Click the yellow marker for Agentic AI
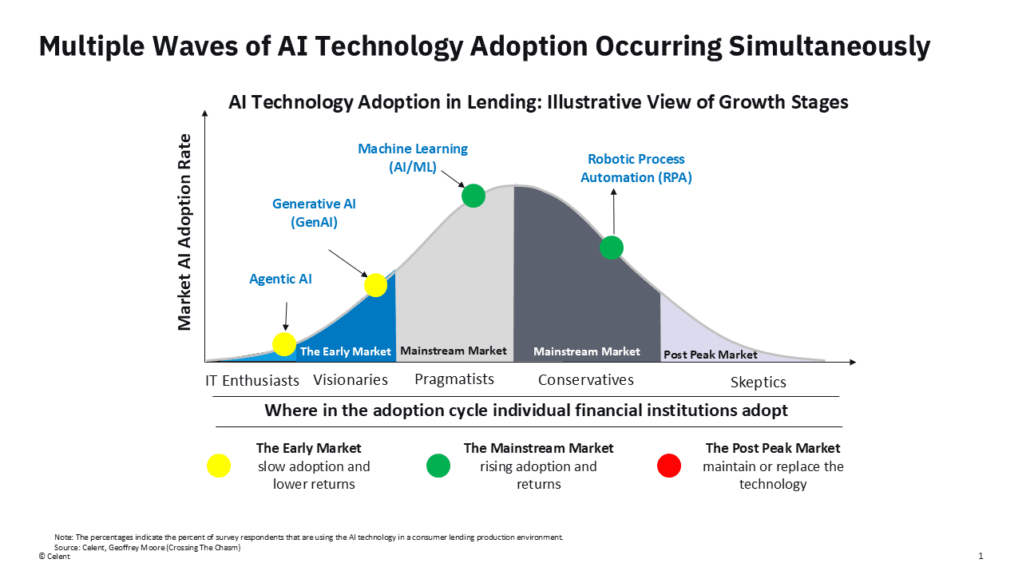click(x=284, y=344)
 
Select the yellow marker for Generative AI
click(x=375, y=284)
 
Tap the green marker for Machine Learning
click(x=473, y=195)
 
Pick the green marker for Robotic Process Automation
click(x=612, y=248)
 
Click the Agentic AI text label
click(x=280, y=279)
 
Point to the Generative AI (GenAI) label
click(x=314, y=212)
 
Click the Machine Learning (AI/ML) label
click(x=413, y=157)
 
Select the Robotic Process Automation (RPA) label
click(x=636, y=168)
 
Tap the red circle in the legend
click(x=669, y=466)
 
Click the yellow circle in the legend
click(x=219, y=466)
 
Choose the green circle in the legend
click(x=438, y=466)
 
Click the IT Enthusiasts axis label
click(x=252, y=380)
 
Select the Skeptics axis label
click(x=758, y=383)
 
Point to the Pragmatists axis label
click(x=454, y=379)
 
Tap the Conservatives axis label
click(x=585, y=380)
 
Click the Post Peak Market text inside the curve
click(x=710, y=354)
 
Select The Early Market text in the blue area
click(x=345, y=351)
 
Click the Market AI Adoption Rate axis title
click(x=184, y=232)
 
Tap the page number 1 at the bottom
click(x=980, y=556)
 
